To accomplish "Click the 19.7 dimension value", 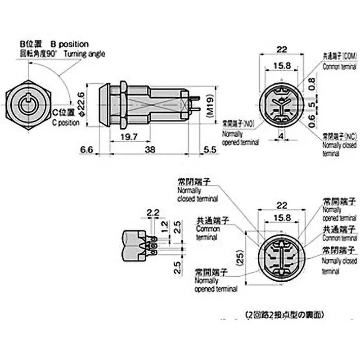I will [x=128, y=135].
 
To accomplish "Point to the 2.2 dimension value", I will [x=153, y=212].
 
